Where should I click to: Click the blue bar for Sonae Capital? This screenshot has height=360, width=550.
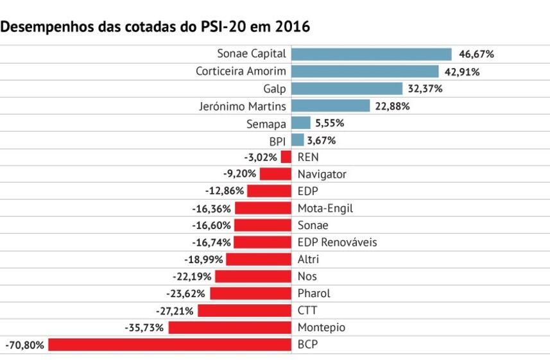click(x=372, y=55)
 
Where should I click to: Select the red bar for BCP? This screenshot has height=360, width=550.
click(x=170, y=345)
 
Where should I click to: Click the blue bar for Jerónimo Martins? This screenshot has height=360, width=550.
click(x=331, y=106)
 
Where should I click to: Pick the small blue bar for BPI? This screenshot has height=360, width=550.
click(x=298, y=140)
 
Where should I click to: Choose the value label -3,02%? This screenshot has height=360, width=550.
click(x=261, y=157)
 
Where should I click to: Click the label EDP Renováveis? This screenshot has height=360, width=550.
click(x=337, y=243)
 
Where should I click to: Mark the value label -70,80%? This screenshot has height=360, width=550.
click(x=25, y=345)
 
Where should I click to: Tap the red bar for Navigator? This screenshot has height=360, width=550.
click(x=276, y=174)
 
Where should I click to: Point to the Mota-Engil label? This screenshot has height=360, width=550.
click(x=325, y=208)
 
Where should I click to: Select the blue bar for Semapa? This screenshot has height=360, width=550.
click(x=301, y=123)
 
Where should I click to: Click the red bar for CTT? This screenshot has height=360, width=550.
click(x=245, y=311)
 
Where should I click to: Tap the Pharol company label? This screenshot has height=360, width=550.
click(x=314, y=293)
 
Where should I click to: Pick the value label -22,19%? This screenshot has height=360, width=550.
click(x=193, y=277)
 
